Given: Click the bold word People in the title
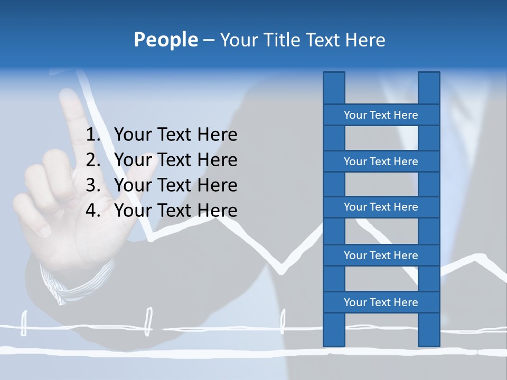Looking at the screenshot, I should click(165, 40).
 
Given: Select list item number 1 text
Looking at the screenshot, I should click(175, 135).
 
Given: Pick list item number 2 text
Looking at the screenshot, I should click(175, 160).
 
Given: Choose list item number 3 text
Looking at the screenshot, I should click(175, 185).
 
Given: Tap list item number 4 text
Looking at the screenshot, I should click(175, 211).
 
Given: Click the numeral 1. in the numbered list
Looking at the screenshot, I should click(93, 135).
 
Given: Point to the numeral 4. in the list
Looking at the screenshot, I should click(93, 211).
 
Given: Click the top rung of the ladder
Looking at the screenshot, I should click(381, 115).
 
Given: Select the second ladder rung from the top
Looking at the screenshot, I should click(381, 161).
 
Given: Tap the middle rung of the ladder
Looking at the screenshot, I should click(381, 207).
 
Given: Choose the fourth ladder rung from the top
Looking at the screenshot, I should click(381, 255).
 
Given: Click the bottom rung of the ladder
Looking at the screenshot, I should click(381, 302).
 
